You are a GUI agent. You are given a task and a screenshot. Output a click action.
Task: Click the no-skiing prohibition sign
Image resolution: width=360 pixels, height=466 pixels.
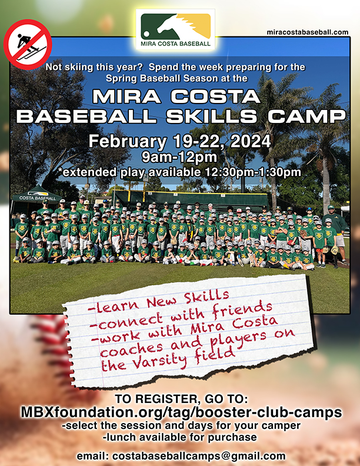(x=28, y=44)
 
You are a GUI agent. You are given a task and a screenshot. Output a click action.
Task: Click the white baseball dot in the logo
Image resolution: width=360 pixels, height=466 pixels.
(x=146, y=34)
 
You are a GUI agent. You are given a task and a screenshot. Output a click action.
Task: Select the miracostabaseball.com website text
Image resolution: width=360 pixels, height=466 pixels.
(x=308, y=32)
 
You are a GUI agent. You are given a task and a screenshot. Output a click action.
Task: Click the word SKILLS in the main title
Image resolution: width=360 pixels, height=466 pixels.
(x=212, y=116)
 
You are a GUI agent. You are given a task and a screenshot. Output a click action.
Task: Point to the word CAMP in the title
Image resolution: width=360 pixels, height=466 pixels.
(x=307, y=116)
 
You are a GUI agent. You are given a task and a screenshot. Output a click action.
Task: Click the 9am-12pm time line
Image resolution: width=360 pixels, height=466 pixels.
(x=179, y=157)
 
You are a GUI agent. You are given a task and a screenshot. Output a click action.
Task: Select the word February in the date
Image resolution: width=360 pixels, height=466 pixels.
(x=128, y=142)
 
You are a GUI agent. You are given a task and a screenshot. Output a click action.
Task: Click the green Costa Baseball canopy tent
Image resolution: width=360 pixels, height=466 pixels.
(x=37, y=197)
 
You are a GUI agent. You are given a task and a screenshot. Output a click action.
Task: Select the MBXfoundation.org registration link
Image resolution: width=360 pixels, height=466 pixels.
(x=181, y=412)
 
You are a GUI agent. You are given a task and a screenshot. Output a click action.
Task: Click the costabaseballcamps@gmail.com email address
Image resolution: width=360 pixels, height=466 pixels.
(x=199, y=456)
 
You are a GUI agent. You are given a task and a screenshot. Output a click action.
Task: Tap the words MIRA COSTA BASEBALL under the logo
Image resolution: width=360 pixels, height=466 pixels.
(x=175, y=44)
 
